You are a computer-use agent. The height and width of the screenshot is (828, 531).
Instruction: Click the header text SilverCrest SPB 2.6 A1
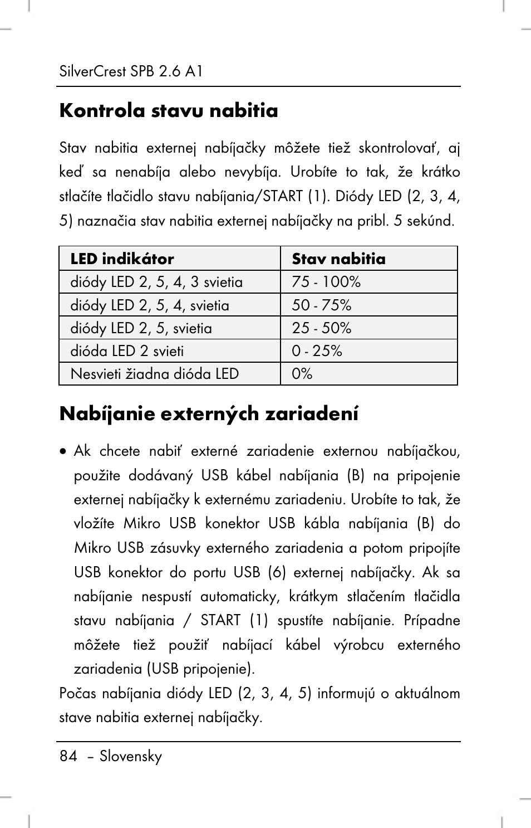131,71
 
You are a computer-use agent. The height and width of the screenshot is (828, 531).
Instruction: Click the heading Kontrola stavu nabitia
169,110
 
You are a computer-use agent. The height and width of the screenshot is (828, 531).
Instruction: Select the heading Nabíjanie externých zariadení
209,413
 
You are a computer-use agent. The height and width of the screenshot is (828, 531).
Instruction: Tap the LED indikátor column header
122,259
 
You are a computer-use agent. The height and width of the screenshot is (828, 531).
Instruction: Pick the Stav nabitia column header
338,259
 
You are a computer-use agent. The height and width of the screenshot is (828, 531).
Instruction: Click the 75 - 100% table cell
326,282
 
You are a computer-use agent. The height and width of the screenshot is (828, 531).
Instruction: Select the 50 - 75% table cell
322,305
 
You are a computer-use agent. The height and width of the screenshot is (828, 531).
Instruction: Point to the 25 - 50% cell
322,328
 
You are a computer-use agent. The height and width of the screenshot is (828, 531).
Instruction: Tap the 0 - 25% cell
317,351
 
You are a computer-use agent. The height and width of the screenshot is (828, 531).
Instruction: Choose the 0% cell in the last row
302,374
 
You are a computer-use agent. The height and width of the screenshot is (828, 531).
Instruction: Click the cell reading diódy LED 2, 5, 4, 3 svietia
156,282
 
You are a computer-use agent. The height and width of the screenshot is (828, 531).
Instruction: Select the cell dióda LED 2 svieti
127,351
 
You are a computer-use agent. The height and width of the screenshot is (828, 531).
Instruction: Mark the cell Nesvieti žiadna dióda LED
155,374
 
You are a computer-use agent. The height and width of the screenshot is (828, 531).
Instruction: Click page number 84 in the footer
68,756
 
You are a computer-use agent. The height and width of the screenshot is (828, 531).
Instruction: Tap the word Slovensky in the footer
131,756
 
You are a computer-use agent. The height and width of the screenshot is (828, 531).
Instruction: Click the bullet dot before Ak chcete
65,451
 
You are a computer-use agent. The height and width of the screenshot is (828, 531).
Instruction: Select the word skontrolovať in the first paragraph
399,148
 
